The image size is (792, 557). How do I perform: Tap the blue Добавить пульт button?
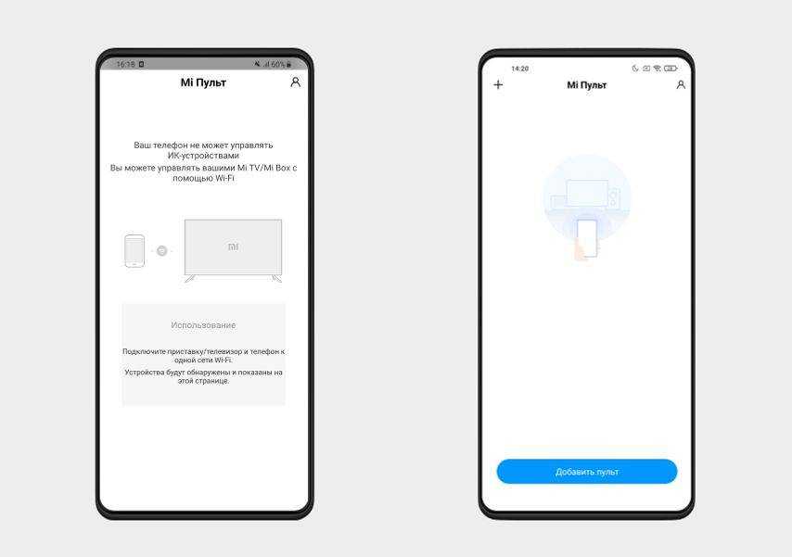point(587,471)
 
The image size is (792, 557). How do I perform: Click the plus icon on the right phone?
point(498,85)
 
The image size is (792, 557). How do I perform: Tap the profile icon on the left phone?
point(296,82)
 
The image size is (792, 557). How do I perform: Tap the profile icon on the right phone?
point(681,85)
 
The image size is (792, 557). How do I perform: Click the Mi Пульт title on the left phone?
point(203,82)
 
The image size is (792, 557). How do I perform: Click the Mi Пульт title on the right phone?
point(586,85)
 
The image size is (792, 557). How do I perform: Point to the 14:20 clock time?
point(519,69)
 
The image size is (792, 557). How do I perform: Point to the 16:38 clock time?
point(126,64)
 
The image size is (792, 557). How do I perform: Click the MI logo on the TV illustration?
point(234,247)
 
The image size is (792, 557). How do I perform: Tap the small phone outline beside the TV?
point(134,250)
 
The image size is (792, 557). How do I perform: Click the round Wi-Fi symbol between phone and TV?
point(161,250)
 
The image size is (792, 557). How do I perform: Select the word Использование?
point(203,325)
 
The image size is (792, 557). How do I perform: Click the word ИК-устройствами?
point(203,156)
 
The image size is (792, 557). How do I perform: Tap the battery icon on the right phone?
point(671,69)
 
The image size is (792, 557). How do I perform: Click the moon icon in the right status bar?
point(635,69)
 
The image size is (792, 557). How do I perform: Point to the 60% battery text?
point(278,64)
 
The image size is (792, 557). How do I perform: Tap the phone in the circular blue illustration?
point(587,237)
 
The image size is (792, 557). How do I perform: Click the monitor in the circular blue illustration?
point(587,193)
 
